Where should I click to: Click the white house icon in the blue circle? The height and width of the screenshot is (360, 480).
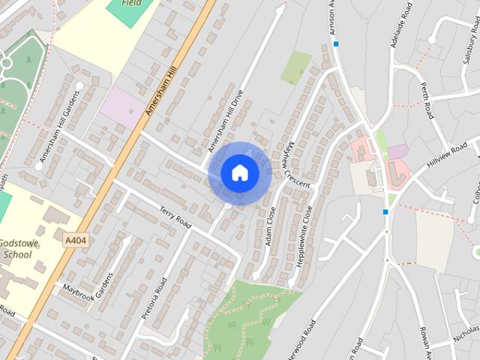coord(240,172)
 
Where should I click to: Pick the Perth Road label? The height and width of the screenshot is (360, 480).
coord(427,100)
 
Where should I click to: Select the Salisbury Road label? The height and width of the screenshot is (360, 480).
coord(469,52)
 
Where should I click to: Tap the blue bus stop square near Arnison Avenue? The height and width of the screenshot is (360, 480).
coord(337,44)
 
